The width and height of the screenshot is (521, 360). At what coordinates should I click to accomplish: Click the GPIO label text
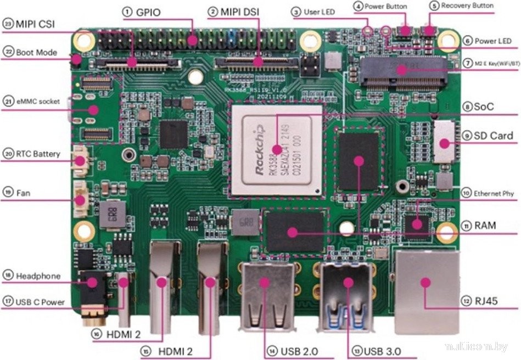click(x=148, y=12)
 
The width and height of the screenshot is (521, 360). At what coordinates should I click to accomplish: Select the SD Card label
click(x=494, y=136)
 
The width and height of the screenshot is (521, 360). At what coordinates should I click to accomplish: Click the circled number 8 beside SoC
click(x=467, y=107)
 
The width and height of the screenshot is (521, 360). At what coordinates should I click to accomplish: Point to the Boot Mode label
click(x=36, y=53)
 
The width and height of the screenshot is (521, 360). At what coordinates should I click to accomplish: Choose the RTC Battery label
click(x=38, y=154)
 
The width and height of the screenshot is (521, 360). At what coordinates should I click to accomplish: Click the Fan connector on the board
click(x=81, y=198)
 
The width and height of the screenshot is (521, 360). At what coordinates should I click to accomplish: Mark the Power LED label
click(x=492, y=41)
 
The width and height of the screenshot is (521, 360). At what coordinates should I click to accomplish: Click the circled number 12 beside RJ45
click(x=467, y=301)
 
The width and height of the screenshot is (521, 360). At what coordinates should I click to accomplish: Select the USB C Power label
click(x=40, y=302)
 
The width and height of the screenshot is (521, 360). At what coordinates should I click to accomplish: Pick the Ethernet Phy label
click(x=492, y=193)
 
